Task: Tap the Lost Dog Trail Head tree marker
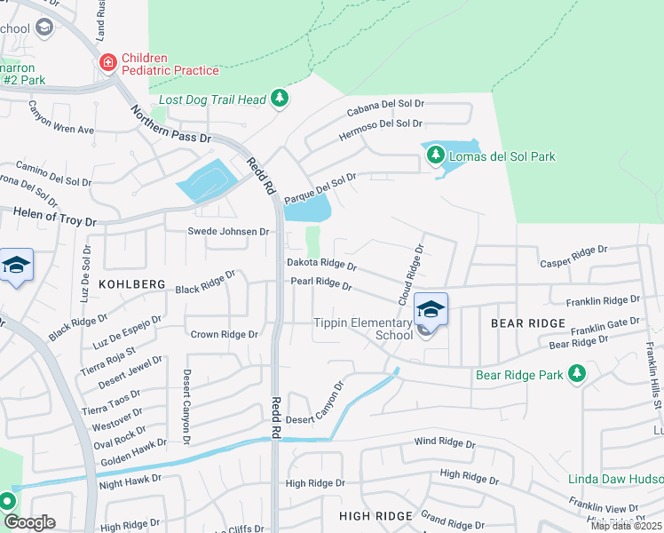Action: coord(280,98)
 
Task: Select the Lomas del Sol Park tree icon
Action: coord(435,155)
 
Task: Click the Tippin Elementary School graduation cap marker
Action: coord(431,310)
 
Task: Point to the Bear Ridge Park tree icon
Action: coord(578,374)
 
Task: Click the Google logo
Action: coord(28,522)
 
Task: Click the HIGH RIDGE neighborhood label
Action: coord(375,516)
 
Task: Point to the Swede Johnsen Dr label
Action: coord(227,232)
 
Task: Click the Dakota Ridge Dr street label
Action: coord(321,265)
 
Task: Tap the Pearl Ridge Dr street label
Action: coord(321,284)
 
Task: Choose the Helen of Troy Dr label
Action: coord(53,216)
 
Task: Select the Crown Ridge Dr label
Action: coord(224,335)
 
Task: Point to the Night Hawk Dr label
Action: coord(130,479)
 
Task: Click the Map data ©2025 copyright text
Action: coord(626,526)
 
